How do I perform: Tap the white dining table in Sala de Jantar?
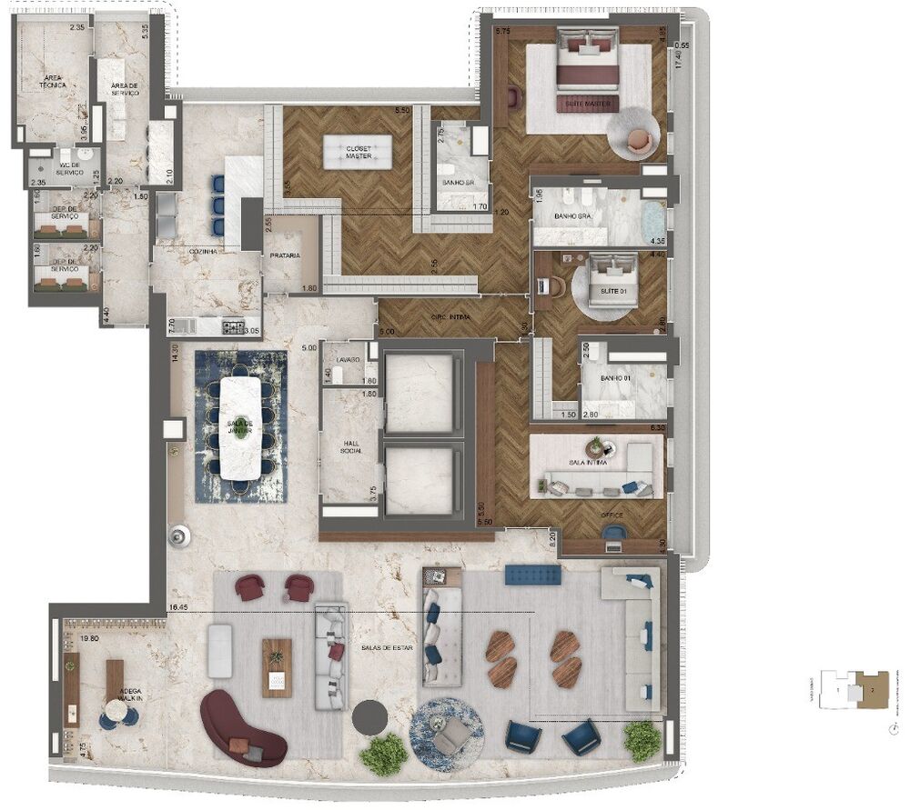[240, 428]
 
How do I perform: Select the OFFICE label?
[612, 515]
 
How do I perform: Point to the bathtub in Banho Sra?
[653, 217]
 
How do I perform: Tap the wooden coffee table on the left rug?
[277, 667]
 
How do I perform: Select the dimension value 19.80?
[88, 639]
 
